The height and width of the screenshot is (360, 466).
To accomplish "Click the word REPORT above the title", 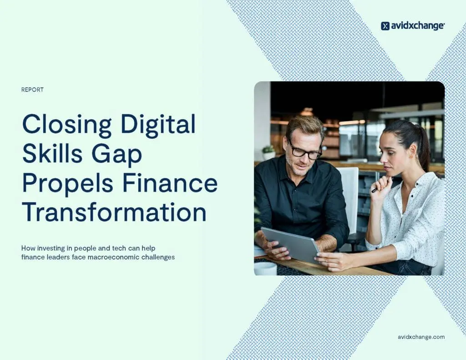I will (x=32, y=90).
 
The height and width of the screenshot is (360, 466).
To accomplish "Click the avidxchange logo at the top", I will (x=412, y=26).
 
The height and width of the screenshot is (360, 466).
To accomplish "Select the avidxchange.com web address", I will (x=421, y=337).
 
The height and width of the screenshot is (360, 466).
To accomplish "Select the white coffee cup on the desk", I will (x=265, y=269).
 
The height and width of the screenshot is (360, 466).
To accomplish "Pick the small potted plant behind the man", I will (x=268, y=152).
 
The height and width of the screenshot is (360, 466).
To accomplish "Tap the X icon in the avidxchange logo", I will (x=385, y=26).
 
